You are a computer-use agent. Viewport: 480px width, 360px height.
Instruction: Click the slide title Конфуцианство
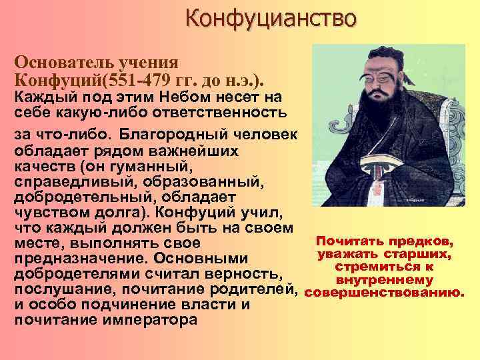click(x=270, y=17)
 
